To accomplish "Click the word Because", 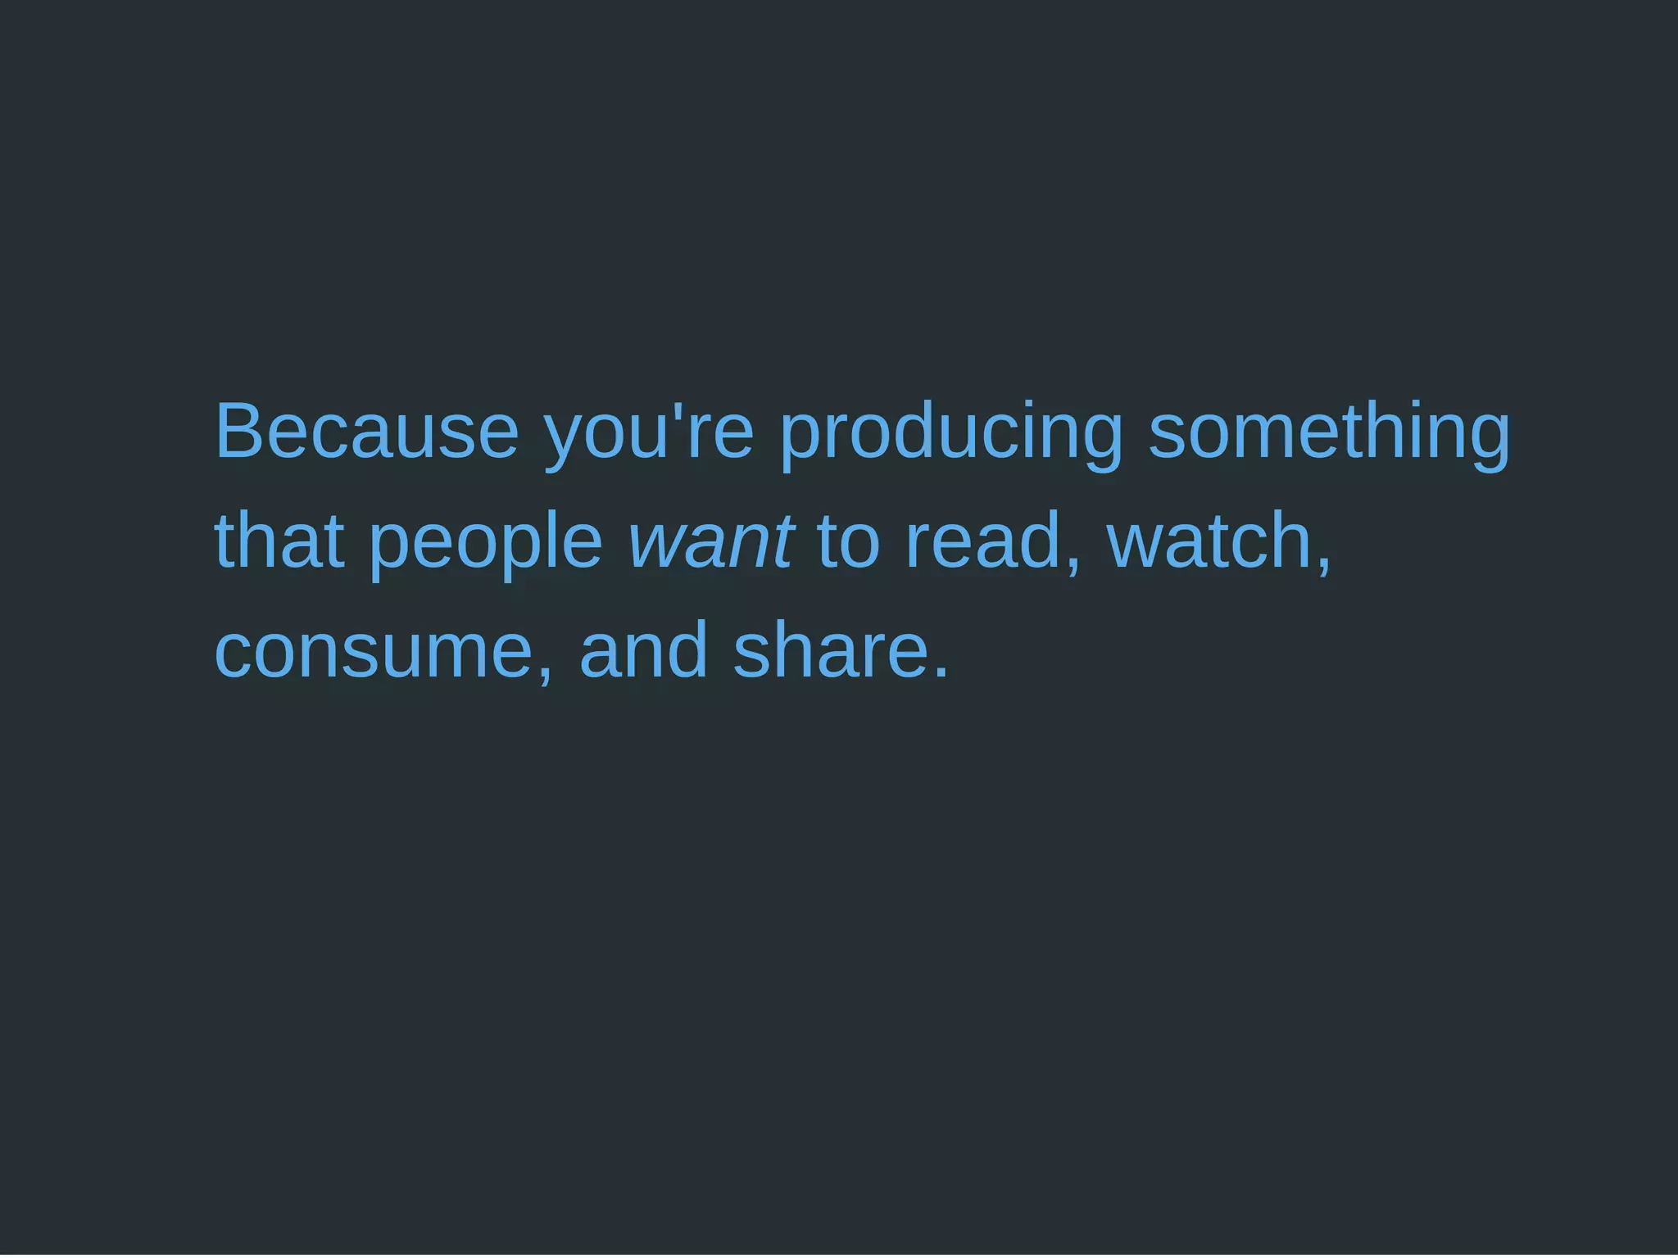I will coord(366,432).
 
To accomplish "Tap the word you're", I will coord(648,432).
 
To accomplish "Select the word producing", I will coord(950,432).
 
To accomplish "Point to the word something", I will coord(1328,432).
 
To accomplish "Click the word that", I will coord(279,541).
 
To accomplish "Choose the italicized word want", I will coord(710,541).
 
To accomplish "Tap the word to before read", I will coord(848,541).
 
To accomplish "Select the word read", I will coord(983,541).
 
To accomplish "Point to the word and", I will coord(643,650).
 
